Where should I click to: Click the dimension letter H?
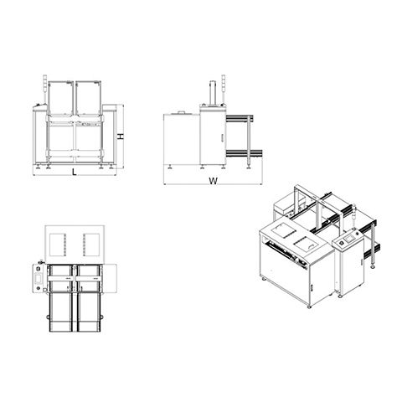pos(120,137)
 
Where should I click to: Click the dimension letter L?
pos(75,172)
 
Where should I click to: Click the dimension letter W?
pos(213,181)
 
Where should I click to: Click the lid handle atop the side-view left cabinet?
pos(182,112)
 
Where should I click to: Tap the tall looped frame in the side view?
pos(214,92)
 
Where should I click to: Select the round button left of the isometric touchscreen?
pos(340,244)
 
